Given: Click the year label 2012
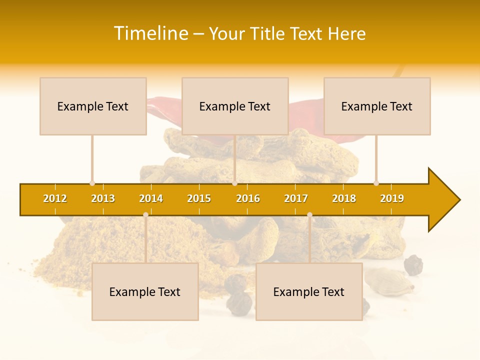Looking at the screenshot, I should pos(55,198).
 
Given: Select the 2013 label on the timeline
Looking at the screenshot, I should pos(103,198).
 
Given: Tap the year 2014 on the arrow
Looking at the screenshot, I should pos(151,198).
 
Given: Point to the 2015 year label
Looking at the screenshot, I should pos(199,198).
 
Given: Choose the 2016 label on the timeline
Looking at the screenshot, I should pos(248,198).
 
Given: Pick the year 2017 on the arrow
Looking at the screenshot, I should pos(296,198).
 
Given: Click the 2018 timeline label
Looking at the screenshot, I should pos(344,198).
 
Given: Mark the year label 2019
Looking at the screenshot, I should pos(392,198).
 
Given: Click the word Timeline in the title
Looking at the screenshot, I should pos(151,33).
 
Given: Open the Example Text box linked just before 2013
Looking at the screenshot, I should pos(93,106).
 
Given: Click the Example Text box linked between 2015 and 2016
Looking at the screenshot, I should pos(235,106).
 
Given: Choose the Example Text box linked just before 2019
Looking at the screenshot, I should pos(377,106).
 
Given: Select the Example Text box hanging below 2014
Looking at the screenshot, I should pos(145,291).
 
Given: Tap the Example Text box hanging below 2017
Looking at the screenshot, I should pos(309,291).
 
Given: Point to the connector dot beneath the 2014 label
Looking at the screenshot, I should pos(145,215).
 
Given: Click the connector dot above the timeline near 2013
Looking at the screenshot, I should pos(92,183).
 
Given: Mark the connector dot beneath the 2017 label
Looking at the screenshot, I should pos(309,215).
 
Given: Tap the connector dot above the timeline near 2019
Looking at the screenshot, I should pos(376,183).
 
